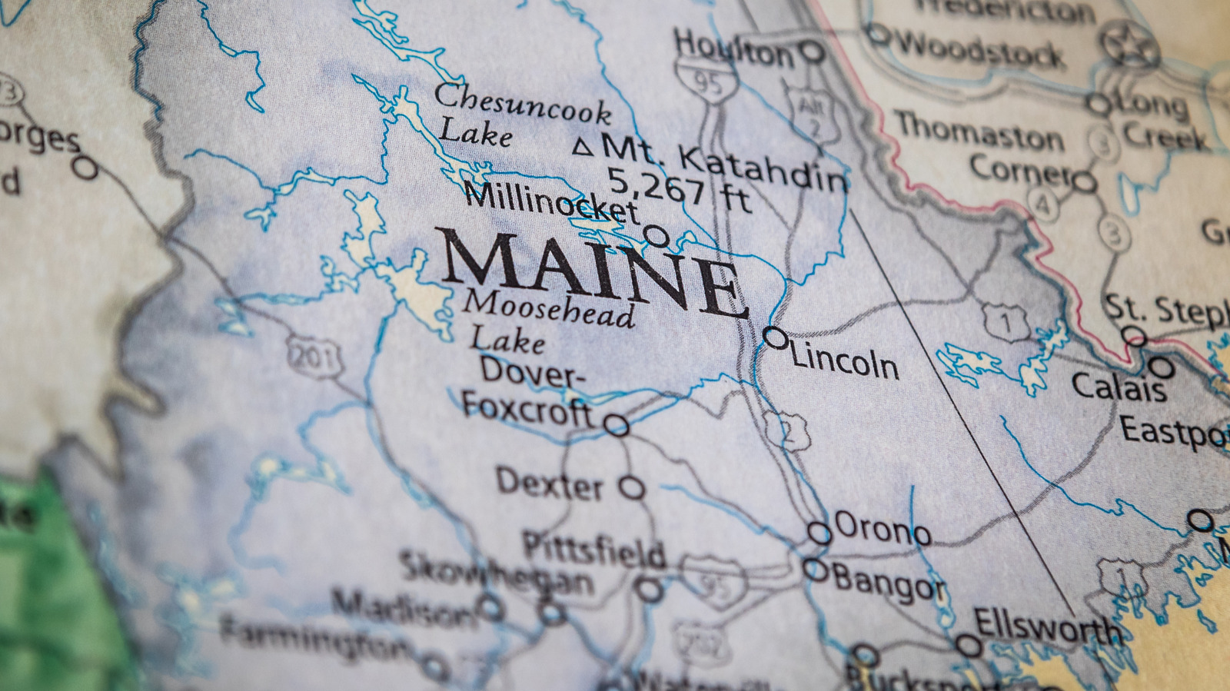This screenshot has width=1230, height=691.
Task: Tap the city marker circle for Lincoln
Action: pos(775,337)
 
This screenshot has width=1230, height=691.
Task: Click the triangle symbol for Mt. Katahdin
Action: pos(583,147)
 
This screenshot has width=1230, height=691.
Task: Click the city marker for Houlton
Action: pos(812,52)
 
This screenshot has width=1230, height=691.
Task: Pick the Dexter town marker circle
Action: pos(632,487)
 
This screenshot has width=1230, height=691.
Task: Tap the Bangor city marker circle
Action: pos(815,570)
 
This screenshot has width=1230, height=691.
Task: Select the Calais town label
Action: pos(1119,387)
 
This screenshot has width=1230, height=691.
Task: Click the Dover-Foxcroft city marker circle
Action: pos(616,425)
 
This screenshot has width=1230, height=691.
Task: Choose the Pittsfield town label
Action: pos(593,550)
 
